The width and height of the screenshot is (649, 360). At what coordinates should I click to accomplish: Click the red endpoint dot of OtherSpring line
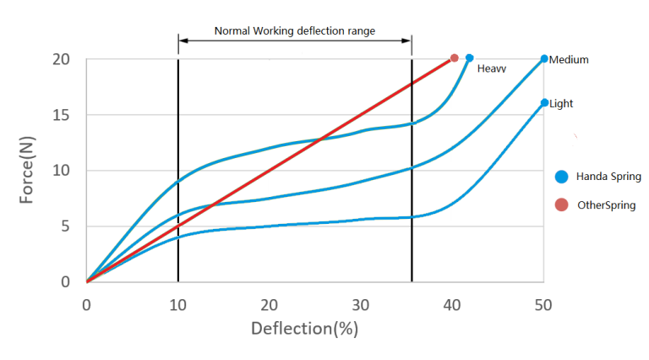coord(455,58)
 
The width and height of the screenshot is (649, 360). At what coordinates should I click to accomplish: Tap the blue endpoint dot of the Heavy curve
coord(470,58)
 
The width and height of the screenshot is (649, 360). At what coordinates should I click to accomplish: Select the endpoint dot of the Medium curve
coord(544,59)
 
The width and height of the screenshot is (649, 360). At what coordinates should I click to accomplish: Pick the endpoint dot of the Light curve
coord(544,103)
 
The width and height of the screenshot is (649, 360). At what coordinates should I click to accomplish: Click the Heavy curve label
coord(492,68)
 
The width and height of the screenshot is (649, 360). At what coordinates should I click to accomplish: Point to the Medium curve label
coord(569,60)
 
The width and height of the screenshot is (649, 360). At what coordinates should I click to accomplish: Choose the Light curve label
coord(561,104)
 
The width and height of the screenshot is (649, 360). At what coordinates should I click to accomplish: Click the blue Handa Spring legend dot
coord(561,177)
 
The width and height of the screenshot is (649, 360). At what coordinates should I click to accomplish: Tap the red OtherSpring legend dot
coord(561,205)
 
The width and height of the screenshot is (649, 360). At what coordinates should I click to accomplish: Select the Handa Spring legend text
coord(608,177)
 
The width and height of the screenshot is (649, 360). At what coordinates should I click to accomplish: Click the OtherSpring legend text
coord(606,205)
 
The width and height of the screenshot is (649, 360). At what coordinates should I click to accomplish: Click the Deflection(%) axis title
coord(304,329)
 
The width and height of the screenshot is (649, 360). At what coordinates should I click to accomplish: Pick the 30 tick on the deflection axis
coord(361,304)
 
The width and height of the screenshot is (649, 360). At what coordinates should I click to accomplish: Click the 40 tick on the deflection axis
coord(452,304)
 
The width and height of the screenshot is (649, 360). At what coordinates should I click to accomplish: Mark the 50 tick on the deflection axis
coord(543,304)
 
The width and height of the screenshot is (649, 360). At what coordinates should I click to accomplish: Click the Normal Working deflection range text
coord(295,30)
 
